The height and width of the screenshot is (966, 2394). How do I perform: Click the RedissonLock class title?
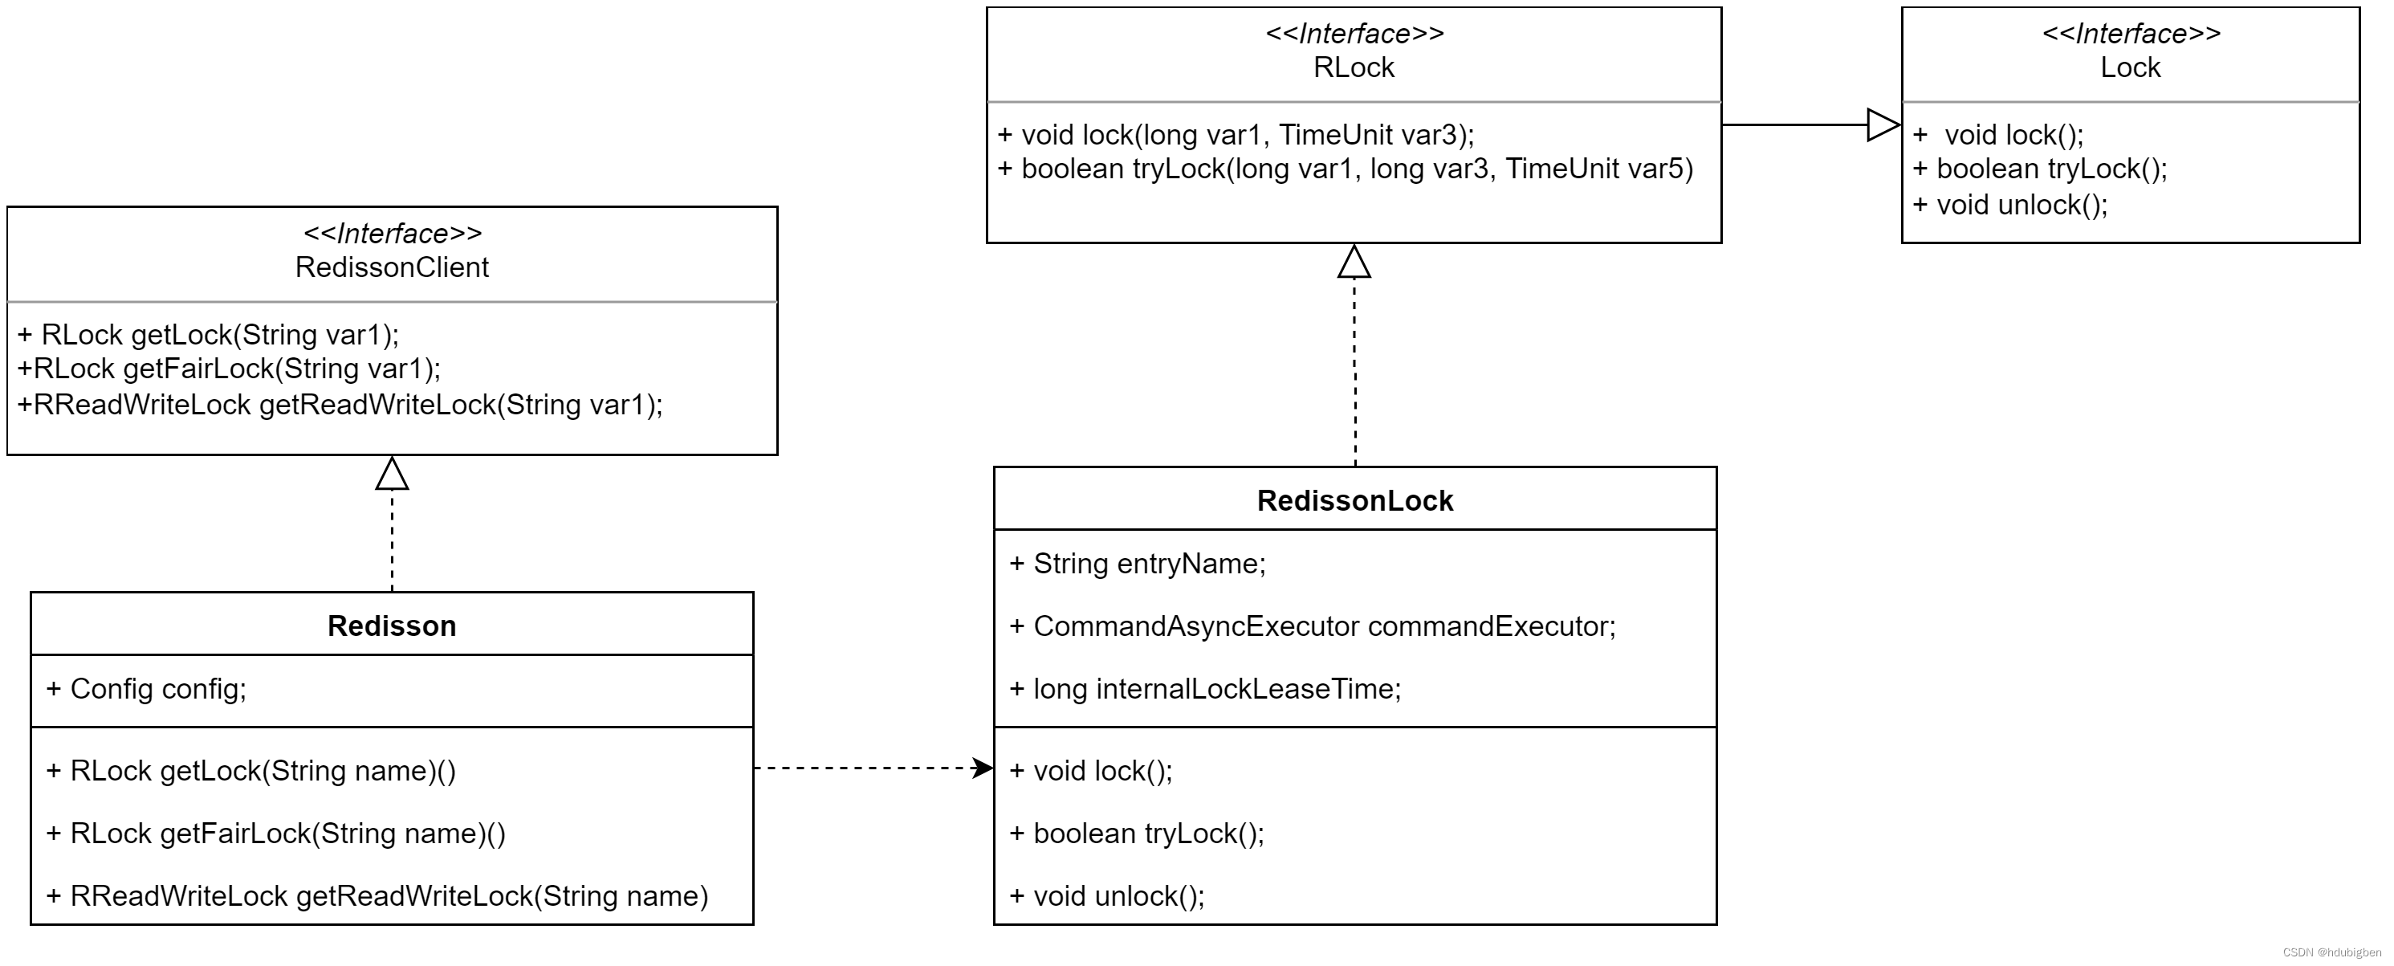click(1354, 500)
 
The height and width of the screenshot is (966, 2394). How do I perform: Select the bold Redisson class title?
click(391, 626)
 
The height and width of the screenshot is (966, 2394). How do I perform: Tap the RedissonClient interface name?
click(391, 267)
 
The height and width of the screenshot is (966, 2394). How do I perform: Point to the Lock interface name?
click(2130, 67)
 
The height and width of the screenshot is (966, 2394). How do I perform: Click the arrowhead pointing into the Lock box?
click(1883, 124)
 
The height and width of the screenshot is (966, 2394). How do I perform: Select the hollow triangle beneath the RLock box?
click(1354, 263)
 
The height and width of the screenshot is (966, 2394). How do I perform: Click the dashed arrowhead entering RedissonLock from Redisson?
click(983, 768)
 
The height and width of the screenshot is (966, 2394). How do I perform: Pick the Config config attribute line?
click(147, 689)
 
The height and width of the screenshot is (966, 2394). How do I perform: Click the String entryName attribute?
click(1138, 564)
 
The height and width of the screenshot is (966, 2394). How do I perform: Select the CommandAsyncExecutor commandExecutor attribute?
click(1313, 626)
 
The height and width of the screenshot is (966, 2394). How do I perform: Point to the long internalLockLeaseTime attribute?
click(1205, 689)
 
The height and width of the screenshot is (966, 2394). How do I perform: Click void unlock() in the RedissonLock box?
click(1107, 895)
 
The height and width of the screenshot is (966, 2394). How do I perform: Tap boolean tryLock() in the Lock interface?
click(2040, 169)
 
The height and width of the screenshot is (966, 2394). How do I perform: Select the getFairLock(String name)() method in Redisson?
click(276, 833)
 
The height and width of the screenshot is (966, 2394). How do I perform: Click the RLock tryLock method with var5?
click(1345, 169)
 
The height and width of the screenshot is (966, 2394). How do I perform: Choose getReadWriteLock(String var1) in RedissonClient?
click(340, 405)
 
